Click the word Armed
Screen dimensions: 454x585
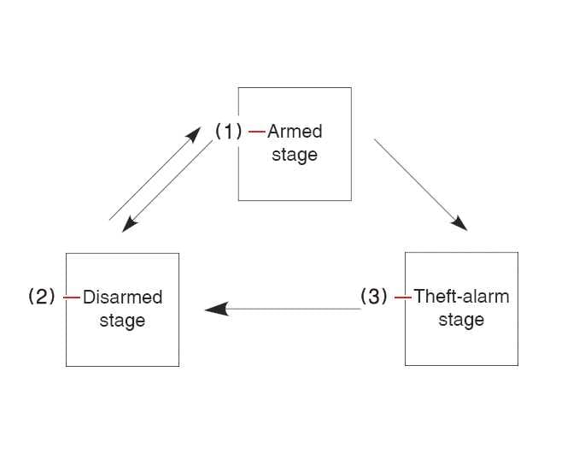(295, 132)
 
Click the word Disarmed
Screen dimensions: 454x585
(123, 298)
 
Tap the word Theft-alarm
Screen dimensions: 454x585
(461, 297)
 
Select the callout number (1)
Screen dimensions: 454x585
(229, 132)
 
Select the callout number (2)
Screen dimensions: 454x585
(42, 297)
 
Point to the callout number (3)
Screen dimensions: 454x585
(373, 297)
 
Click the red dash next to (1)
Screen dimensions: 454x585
(256, 132)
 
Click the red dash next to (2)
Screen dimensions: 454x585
(72, 298)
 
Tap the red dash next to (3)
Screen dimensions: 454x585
(402, 298)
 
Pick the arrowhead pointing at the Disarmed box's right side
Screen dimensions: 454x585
(216, 309)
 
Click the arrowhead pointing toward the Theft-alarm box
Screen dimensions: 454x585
(459, 223)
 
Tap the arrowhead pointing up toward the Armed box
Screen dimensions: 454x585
(195, 137)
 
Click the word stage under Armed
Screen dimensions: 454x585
(295, 155)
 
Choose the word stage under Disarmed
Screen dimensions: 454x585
(122, 321)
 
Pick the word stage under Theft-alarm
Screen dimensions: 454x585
(461, 320)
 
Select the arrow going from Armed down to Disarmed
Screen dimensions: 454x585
(171, 183)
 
